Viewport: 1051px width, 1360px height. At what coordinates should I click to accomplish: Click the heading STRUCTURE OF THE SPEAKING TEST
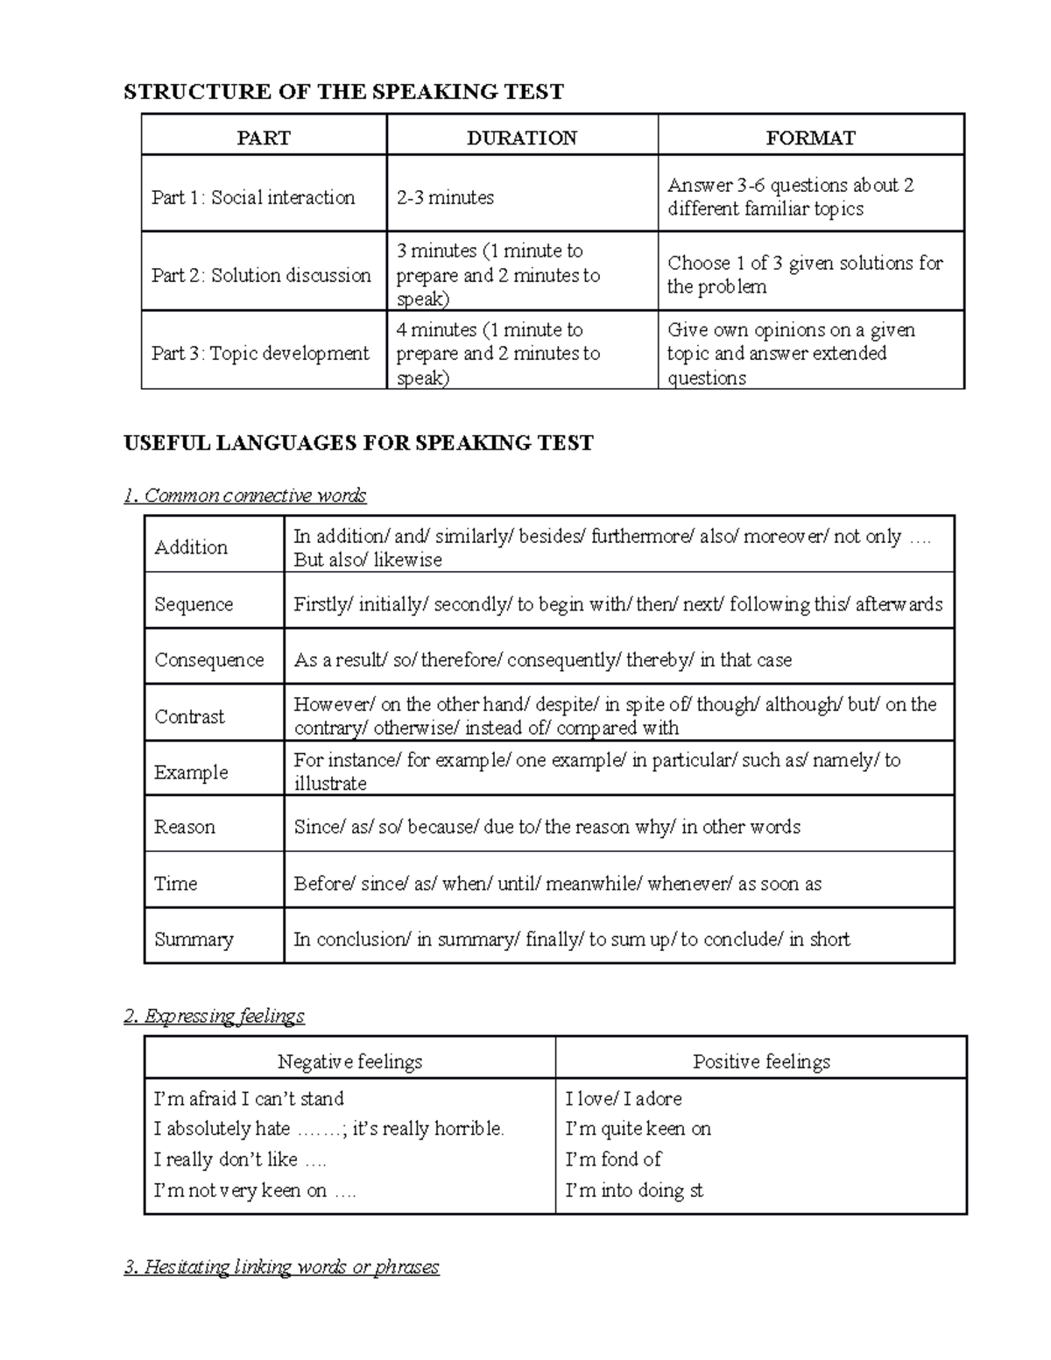tap(343, 92)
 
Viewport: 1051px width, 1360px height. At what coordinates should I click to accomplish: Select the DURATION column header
tap(521, 137)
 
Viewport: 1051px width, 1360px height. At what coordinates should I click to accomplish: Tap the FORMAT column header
tap(810, 137)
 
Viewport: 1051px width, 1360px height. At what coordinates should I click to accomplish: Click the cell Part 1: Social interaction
tap(253, 197)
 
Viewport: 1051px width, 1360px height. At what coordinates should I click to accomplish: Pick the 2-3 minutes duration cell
tap(445, 197)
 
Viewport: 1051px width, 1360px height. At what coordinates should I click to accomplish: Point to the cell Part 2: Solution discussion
tap(261, 275)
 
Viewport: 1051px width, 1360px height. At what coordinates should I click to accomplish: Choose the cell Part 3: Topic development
tap(260, 353)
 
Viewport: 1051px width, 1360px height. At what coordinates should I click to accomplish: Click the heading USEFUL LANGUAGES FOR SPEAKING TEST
tap(358, 442)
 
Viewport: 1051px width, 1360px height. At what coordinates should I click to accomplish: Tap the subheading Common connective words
tap(245, 496)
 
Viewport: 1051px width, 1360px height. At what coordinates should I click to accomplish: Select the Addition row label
tap(191, 547)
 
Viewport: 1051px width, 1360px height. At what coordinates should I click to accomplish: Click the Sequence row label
tap(194, 604)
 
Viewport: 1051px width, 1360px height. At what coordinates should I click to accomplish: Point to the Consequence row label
tap(209, 659)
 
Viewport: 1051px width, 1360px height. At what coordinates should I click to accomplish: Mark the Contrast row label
tap(189, 716)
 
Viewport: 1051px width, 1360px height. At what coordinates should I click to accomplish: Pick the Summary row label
tap(194, 939)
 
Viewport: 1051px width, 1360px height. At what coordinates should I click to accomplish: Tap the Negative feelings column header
tap(349, 1061)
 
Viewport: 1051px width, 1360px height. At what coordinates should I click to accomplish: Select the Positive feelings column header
tap(761, 1061)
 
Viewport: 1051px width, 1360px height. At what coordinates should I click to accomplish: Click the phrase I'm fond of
tap(613, 1159)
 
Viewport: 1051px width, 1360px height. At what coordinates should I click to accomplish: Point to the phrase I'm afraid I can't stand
tap(249, 1098)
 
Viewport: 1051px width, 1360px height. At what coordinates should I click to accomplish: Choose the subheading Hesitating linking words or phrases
tap(281, 1266)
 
